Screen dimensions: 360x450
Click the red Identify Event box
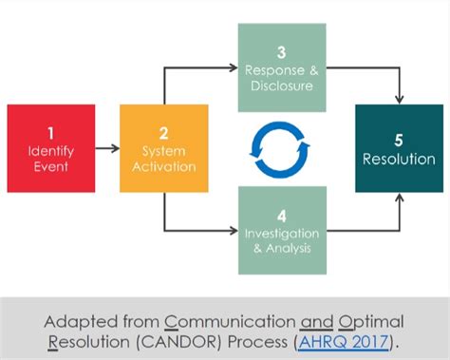(50, 148)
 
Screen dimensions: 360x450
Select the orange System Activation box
(163, 148)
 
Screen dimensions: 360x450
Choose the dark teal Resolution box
(399, 148)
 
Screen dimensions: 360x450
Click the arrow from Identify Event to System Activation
(107, 148)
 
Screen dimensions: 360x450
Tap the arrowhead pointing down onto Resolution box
(399, 99)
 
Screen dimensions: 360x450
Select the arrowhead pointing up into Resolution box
(399, 199)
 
